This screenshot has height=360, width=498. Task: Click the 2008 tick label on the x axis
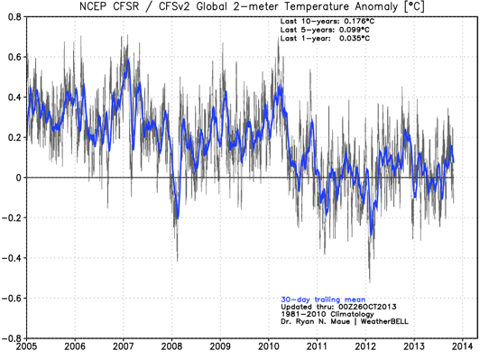click(x=171, y=346)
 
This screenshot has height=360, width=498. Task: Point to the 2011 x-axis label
click(x=317, y=346)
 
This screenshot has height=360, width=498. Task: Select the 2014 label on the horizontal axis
click(x=463, y=346)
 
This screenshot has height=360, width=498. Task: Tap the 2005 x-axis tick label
click(x=26, y=346)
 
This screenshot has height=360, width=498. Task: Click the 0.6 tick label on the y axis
click(x=15, y=57)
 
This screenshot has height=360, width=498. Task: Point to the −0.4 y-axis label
click(x=12, y=258)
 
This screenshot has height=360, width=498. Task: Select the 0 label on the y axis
click(x=19, y=178)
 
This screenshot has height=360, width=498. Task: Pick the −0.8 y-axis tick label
click(x=12, y=338)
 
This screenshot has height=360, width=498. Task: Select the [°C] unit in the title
click(x=414, y=6)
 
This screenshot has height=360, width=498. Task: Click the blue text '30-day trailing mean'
click(x=323, y=300)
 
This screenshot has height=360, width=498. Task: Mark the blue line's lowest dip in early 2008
click(x=178, y=218)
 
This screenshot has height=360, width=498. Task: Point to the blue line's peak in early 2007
click(x=128, y=60)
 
